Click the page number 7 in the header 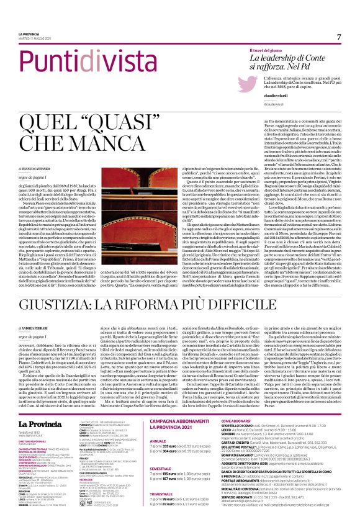(339, 37)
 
